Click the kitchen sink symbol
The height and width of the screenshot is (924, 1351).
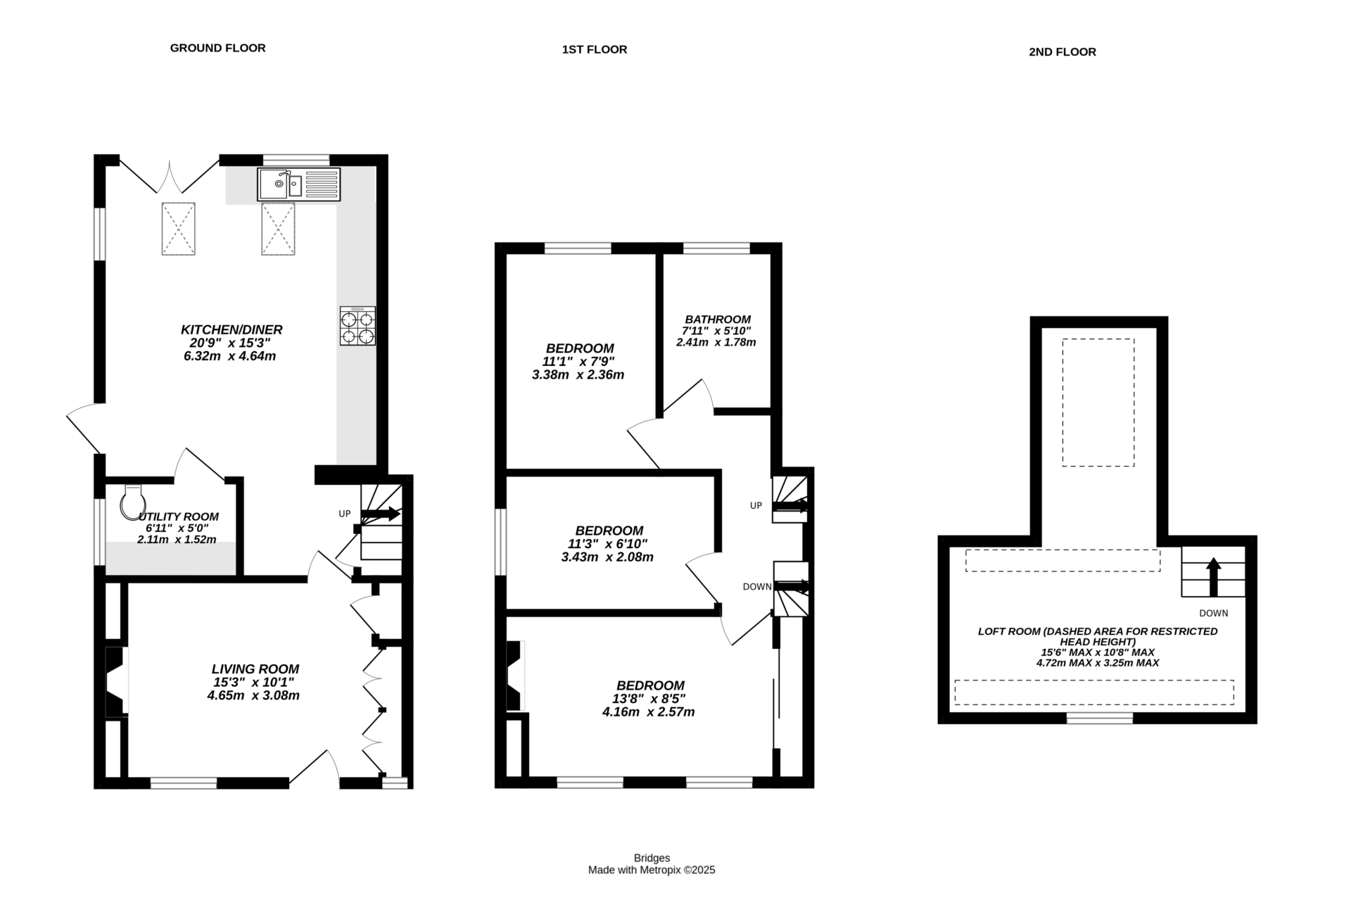pyautogui.click(x=298, y=184)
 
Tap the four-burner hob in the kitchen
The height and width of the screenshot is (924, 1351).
pyautogui.click(x=357, y=326)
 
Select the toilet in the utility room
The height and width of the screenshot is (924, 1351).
pyautogui.click(x=132, y=502)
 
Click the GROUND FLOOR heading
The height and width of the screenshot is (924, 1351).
pyautogui.click(x=217, y=48)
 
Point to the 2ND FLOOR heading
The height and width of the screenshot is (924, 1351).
pyautogui.click(x=1062, y=51)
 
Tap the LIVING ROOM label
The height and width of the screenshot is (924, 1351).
pyautogui.click(x=255, y=669)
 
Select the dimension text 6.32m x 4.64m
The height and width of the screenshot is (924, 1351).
pyautogui.click(x=229, y=356)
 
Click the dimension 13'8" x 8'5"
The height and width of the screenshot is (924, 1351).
pyautogui.click(x=648, y=699)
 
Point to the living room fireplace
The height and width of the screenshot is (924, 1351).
pyautogui.click(x=115, y=682)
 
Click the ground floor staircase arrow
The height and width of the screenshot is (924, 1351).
pyautogui.click(x=381, y=515)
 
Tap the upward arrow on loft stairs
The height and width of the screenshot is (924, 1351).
pyautogui.click(x=1213, y=576)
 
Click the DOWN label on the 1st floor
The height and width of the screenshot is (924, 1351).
pyautogui.click(x=757, y=586)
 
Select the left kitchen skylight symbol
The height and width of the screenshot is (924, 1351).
pyautogui.click(x=178, y=228)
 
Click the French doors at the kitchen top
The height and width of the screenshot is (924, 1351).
pyautogui.click(x=169, y=175)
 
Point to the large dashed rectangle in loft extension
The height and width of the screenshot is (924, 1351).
pyautogui.click(x=1098, y=402)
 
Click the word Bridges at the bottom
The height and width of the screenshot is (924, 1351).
pyautogui.click(x=652, y=858)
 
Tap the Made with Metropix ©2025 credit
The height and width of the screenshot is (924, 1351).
pyautogui.click(x=652, y=870)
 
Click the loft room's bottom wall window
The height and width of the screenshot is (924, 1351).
pyautogui.click(x=1100, y=718)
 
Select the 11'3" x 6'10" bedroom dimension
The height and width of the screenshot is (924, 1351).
pyautogui.click(x=607, y=544)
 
